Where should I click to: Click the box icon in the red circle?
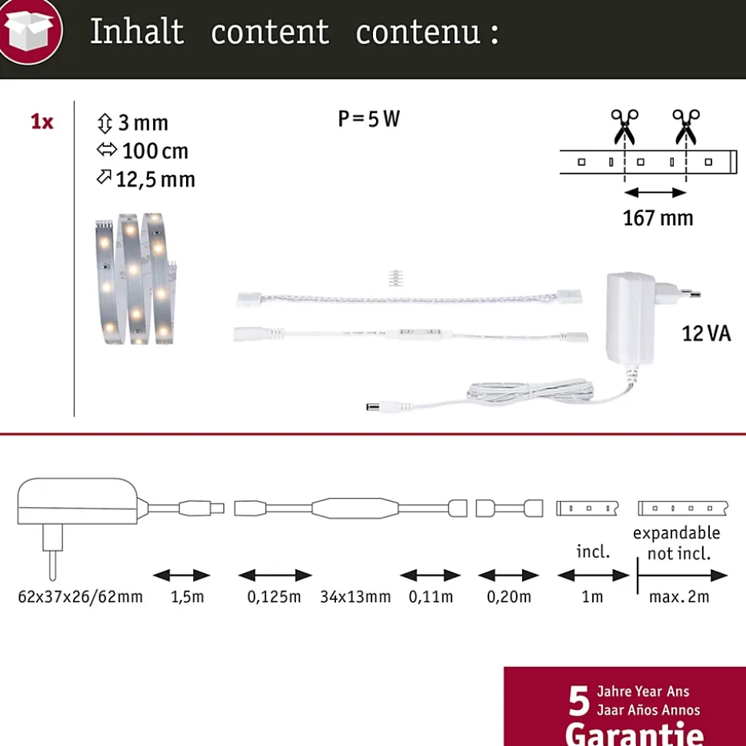(29, 31)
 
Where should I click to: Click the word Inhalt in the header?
(137, 31)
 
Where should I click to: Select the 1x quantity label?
(42, 122)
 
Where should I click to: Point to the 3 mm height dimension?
(132, 123)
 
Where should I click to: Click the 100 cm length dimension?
(142, 151)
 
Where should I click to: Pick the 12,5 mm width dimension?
(146, 179)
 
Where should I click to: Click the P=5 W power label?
(368, 119)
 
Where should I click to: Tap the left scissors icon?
(624, 127)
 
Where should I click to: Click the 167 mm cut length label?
(658, 218)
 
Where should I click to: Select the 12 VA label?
(706, 333)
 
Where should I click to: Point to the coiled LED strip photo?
(136, 279)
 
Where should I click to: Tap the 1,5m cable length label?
(187, 596)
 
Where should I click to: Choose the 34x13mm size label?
(355, 596)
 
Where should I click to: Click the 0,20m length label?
(509, 596)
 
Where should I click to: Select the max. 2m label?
(679, 596)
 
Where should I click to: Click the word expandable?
(677, 533)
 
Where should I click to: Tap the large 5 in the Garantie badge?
(579, 701)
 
